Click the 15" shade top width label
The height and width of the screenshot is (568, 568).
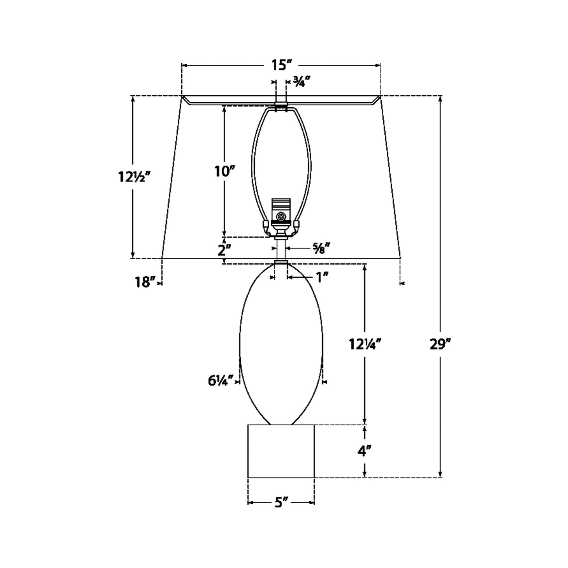coord(281,65)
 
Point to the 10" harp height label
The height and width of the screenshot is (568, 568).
coord(224,171)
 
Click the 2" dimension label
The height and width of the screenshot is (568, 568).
coord(224,250)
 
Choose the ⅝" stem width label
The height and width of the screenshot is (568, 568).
coord(320,248)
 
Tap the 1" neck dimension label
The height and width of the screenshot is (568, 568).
coord(322,277)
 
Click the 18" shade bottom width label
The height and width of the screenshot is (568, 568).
coord(143,282)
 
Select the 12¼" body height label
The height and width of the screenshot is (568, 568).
coord(365,344)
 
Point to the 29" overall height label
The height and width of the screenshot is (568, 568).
coord(439,344)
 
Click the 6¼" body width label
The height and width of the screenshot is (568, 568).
coord(219,381)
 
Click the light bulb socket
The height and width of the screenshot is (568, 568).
coord(281,214)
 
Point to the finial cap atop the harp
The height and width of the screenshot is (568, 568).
coord(281,106)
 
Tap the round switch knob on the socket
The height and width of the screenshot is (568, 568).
coord(281,217)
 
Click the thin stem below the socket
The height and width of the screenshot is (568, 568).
coord(281,250)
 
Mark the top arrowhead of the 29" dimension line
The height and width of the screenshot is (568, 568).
coord(440,99)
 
